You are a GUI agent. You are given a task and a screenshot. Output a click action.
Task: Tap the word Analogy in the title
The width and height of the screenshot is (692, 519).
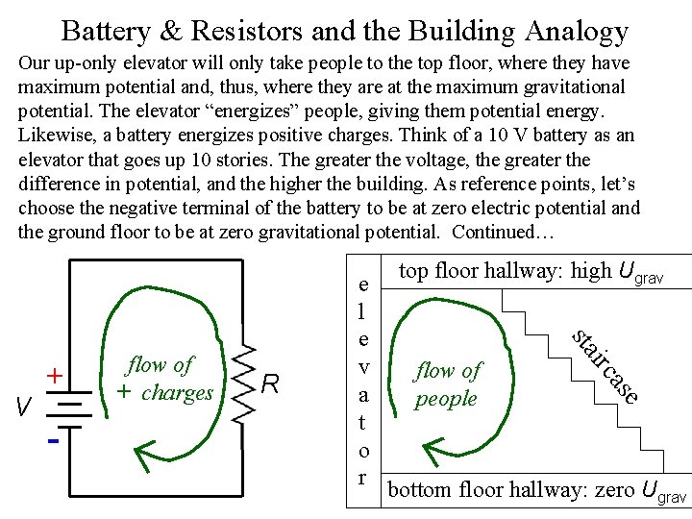tap(577, 32)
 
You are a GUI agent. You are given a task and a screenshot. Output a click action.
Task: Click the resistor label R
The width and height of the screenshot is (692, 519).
tap(272, 385)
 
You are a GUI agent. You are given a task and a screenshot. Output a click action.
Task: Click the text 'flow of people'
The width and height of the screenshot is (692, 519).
tap(447, 383)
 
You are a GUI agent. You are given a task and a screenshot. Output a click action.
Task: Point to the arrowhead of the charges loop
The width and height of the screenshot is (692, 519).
tap(145, 451)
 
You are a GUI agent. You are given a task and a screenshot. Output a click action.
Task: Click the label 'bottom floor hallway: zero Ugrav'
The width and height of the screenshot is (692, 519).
tap(536, 490)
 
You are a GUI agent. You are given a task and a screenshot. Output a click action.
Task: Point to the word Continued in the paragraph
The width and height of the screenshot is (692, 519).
tap(493, 231)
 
